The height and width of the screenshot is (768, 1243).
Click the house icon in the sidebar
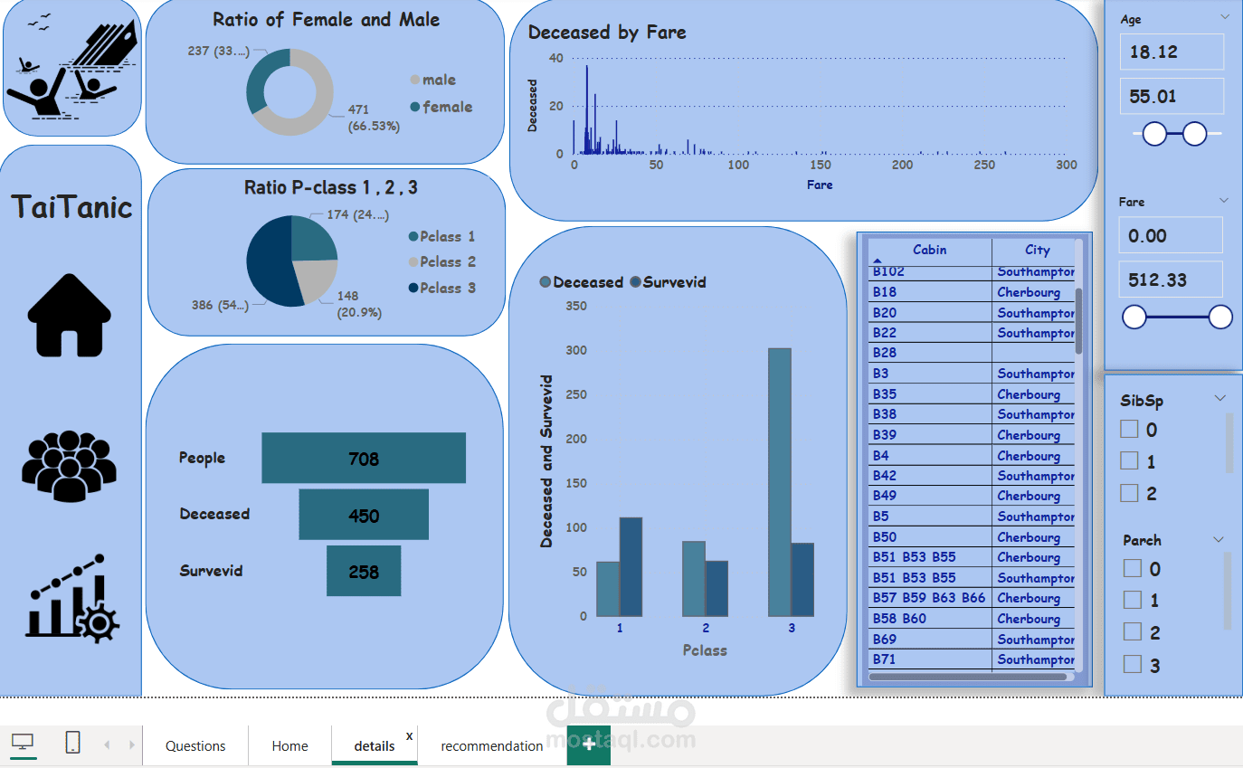(x=70, y=315)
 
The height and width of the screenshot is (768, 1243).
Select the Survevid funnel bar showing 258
(x=364, y=571)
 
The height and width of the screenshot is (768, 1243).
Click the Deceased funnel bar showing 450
(x=364, y=515)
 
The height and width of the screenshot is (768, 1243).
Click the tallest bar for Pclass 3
(x=780, y=481)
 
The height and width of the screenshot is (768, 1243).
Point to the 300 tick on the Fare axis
(x=1067, y=166)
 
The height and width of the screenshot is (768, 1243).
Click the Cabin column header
(x=929, y=251)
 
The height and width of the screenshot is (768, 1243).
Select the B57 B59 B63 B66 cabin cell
(x=929, y=598)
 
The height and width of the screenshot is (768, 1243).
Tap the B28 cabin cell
(x=885, y=353)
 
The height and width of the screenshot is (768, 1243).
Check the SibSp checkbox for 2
(x=1129, y=493)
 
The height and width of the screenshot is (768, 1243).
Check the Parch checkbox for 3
(x=1133, y=665)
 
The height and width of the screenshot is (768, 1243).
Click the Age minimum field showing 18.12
(x=1172, y=52)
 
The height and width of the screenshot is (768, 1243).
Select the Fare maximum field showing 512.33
(x=1171, y=280)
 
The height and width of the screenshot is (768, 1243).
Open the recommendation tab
(x=491, y=745)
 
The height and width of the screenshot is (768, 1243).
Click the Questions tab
(x=195, y=745)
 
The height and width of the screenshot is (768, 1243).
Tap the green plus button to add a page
(x=589, y=744)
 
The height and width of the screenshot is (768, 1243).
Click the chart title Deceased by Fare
(x=607, y=33)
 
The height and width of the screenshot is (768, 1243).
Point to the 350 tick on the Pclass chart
(x=576, y=306)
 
